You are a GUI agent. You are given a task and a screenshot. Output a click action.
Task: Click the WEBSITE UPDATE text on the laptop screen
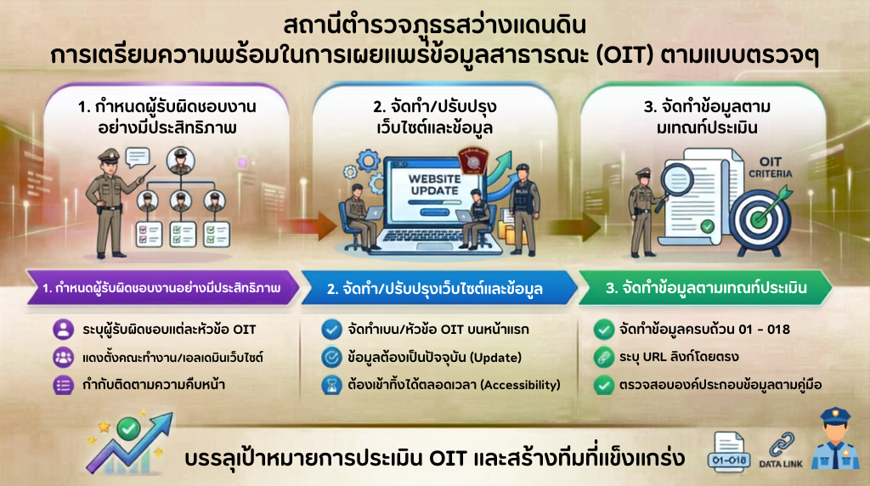[x=434, y=184]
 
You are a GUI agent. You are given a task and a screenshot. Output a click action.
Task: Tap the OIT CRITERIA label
[x=770, y=167]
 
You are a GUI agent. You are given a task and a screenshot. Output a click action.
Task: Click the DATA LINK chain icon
[x=782, y=446]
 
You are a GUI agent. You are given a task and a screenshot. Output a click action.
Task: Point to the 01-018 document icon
[x=729, y=452]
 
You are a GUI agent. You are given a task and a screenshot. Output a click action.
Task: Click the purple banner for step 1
[x=162, y=288]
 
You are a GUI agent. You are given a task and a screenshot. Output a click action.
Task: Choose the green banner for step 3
[x=705, y=288]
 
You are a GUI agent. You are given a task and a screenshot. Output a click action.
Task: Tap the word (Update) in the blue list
[x=495, y=358]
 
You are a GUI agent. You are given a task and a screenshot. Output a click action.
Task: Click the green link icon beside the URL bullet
[x=603, y=358]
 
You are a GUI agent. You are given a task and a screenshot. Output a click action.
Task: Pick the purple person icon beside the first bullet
[x=63, y=330]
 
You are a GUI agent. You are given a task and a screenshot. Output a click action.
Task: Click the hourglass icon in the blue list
[x=332, y=385]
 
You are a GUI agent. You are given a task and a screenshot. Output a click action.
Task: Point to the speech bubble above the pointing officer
[x=138, y=157]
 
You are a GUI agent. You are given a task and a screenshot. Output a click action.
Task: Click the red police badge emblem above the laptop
[x=472, y=161]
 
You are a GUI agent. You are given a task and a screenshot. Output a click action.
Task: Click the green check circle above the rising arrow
[x=128, y=427]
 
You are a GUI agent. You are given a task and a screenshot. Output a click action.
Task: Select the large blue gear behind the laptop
[x=369, y=161]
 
